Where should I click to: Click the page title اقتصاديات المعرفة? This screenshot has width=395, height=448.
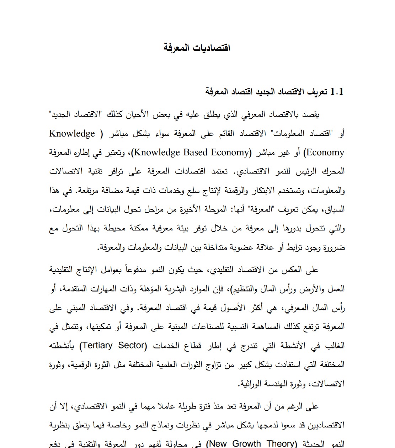197,48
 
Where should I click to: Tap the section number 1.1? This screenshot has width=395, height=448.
337,92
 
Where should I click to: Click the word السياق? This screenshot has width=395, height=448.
335,209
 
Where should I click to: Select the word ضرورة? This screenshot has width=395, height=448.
334,247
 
